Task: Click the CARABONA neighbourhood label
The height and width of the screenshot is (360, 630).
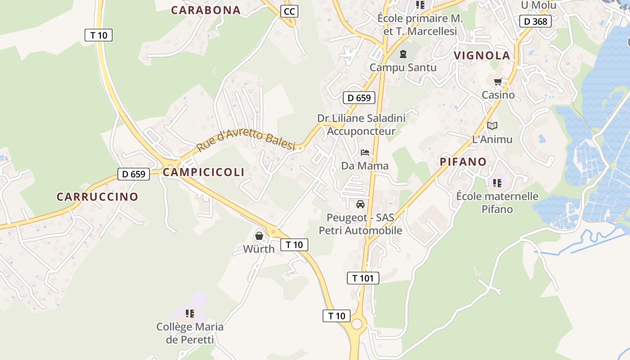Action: (206, 10)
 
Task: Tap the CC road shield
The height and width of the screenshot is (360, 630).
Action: (289, 11)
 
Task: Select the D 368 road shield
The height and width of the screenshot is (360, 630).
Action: (535, 21)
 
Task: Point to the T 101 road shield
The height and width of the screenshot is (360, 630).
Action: (363, 278)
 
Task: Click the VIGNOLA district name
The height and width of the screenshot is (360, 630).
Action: (482, 56)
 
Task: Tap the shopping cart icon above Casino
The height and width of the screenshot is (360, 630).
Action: (498, 82)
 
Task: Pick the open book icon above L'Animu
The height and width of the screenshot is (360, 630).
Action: (492, 126)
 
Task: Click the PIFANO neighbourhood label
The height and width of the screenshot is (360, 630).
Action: (463, 162)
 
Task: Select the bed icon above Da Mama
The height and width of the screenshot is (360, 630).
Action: (365, 153)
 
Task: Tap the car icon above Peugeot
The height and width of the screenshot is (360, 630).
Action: (360, 204)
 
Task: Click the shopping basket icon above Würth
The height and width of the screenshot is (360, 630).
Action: (259, 235)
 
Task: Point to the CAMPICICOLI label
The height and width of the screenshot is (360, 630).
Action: (204, 172)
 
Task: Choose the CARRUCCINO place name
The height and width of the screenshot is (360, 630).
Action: (97, 197)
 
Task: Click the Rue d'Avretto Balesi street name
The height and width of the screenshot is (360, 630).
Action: (246, 140)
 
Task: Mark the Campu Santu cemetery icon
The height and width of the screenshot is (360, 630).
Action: (403, 54)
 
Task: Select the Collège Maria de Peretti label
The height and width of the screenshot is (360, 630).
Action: (190, 333)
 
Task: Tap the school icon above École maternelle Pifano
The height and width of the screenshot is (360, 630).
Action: (497, 183)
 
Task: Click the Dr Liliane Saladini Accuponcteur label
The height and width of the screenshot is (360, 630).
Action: (361, 125)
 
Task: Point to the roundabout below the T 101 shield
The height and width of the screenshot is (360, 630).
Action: (357, 324)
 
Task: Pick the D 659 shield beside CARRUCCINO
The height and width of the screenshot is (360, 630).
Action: (134, 174)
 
